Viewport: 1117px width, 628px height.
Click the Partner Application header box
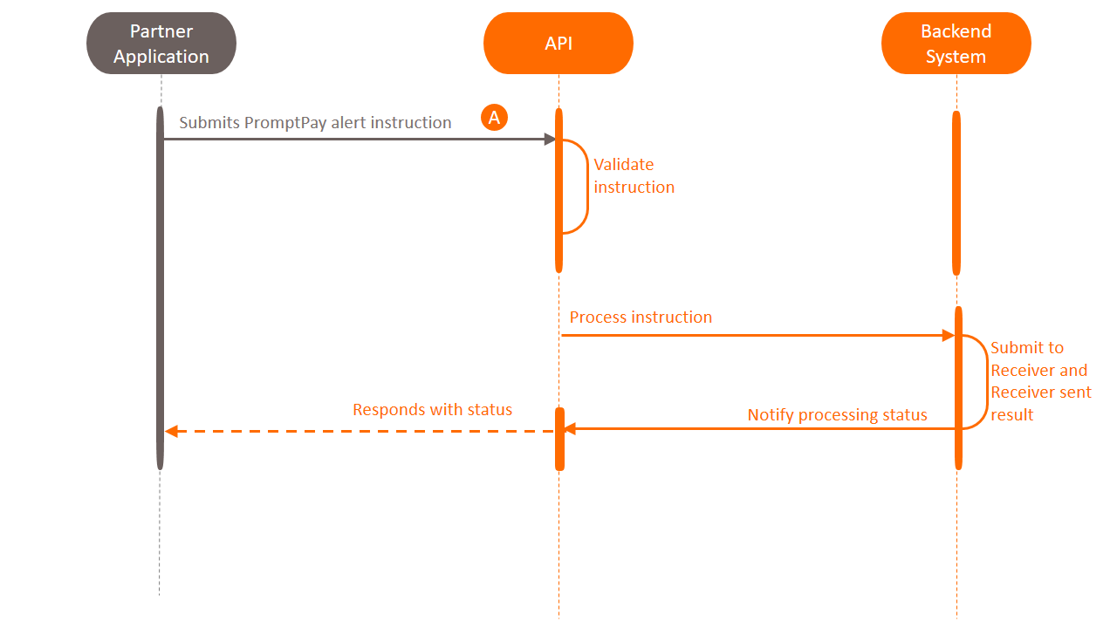(x=161, y=44)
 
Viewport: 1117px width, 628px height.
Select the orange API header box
(x=558, y=44)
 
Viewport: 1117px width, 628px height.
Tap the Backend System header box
(x=956, y=44)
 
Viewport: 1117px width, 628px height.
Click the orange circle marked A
(x=494, y=118)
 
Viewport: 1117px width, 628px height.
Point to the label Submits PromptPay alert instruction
(x=315, y=123)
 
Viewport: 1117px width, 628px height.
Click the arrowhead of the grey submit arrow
(x=550, y=140)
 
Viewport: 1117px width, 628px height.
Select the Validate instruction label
(x=634, y=175)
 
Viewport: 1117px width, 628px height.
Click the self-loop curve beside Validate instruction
(x=587, y=187)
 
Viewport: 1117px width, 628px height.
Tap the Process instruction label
(x=641, y=317)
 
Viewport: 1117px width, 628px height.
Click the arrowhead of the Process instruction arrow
(x=948, y=335)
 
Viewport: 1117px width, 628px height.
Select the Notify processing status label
(x=837, y=415)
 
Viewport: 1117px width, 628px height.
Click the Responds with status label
(x=432, y=410)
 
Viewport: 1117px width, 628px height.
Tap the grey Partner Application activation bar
(x=161, y=288)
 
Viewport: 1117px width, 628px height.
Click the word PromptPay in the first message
(x=285, y=123)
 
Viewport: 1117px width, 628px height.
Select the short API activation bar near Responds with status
(x=560, y=439)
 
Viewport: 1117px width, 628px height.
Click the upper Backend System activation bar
(x=956, y=192)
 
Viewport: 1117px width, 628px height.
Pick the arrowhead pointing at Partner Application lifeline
(x=171, y=431)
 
